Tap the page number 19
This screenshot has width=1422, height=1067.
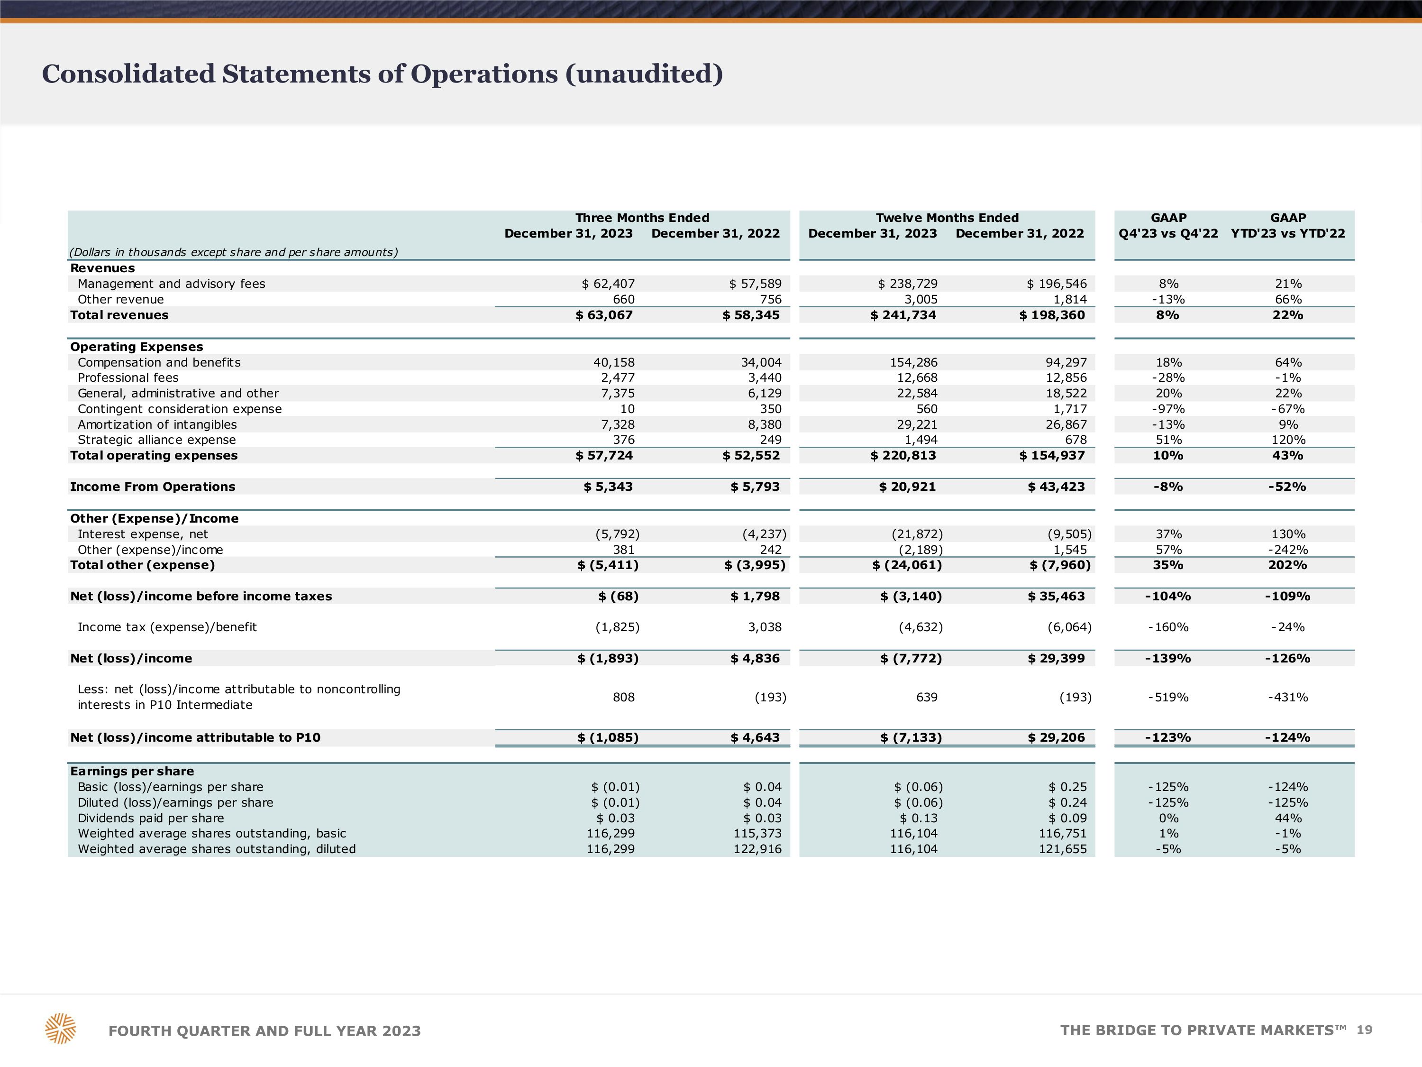(x=1364, y=1030)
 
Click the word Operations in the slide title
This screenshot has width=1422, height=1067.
(x=484, y=74)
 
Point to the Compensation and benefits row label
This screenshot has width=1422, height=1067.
(x=159, y=362)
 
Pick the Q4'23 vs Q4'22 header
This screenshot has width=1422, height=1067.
(x=1168, y=233)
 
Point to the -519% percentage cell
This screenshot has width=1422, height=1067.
(x=1168, y=697)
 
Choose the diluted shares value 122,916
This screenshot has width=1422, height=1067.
(x=757, y=849)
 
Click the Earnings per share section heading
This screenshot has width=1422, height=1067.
(x=132, y=771)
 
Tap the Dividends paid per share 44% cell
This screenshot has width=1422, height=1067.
(x=1288, y=818)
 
